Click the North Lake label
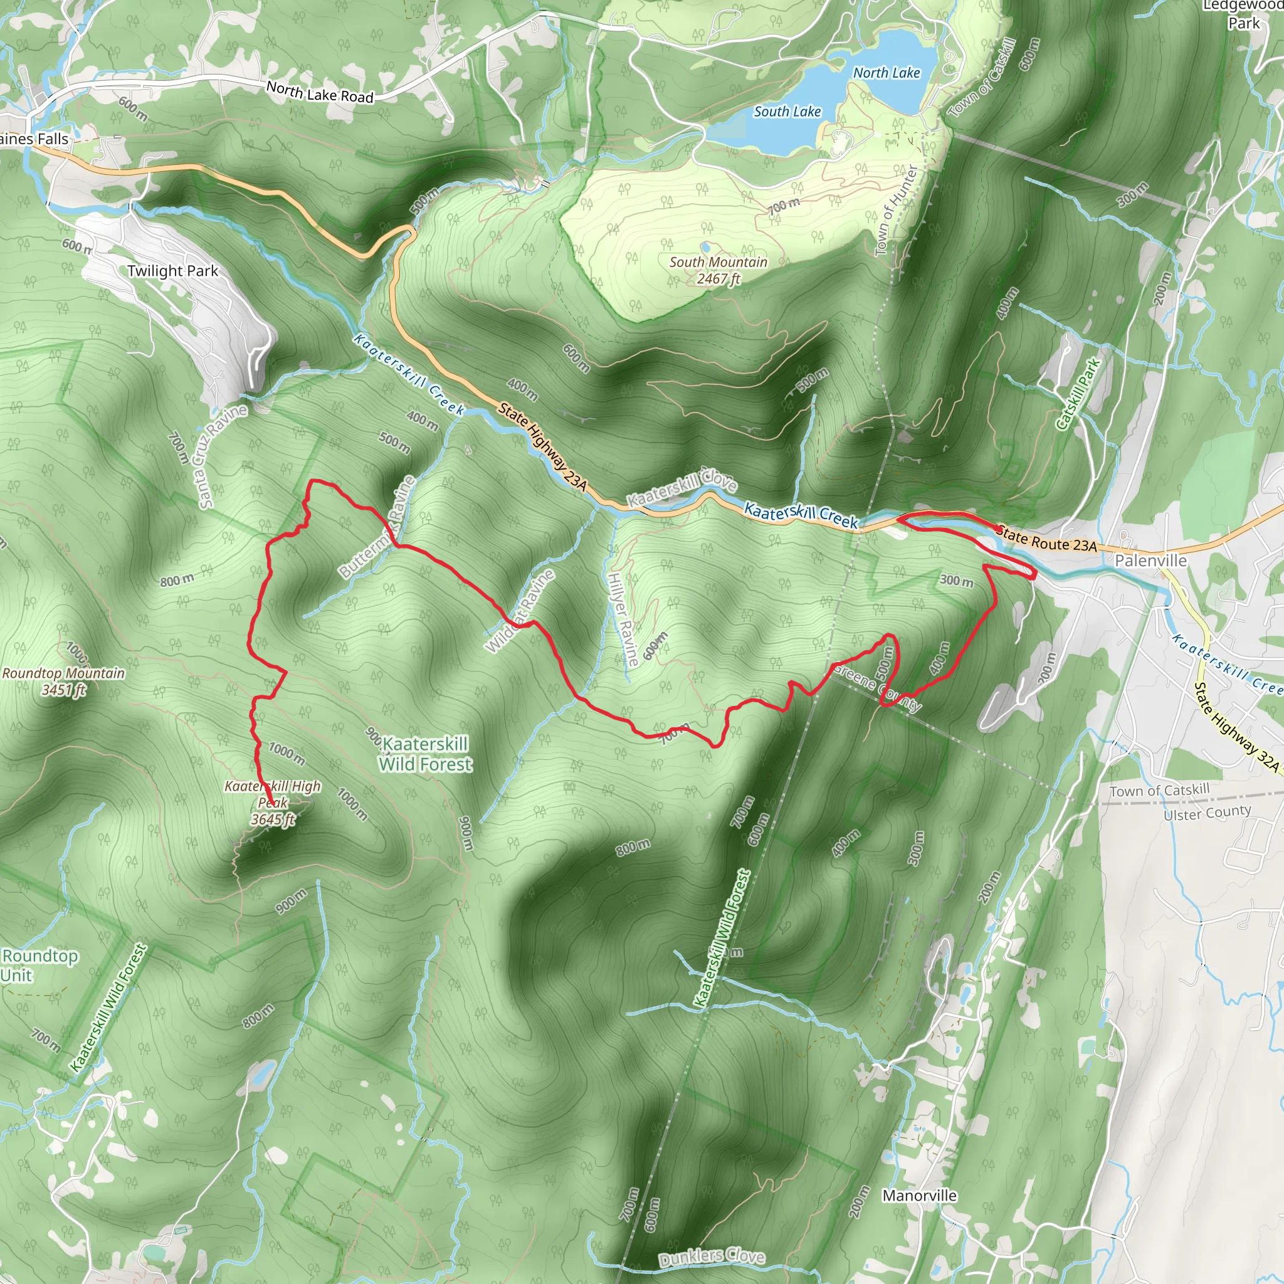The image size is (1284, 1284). [x=887, y=73]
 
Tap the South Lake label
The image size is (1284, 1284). [x=787, y=112]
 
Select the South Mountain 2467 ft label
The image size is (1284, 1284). [x=718, y=270]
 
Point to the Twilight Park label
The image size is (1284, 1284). [x=173, y=271]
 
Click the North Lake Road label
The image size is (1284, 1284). [x=320, y=92]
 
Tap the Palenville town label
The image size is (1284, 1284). [x=1150, y=560]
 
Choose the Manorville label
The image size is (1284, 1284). [x=919, y=1196]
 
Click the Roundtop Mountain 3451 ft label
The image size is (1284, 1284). [x=63, y=681]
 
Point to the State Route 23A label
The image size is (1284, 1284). [x=1046, y=539]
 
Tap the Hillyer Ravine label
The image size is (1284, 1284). [x=623, y=619]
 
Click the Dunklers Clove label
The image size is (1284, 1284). [x=711, y=1258]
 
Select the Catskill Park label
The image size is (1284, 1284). [x=1077, y=394]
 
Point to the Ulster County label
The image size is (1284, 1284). [x=1207, y=812]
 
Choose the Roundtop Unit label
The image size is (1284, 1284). [x=38, y=965]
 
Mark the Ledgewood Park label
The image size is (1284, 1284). [x=1243, y=14]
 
